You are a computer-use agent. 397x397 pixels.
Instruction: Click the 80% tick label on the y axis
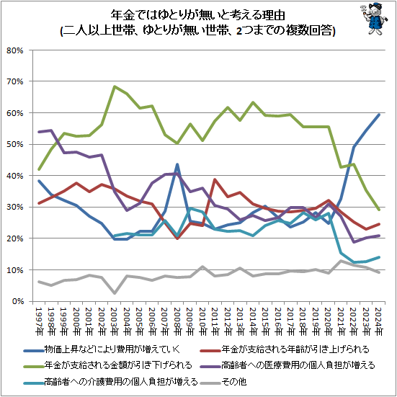16,50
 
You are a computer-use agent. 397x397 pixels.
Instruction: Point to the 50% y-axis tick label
16,145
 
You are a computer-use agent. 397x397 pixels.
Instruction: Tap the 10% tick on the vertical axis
16,270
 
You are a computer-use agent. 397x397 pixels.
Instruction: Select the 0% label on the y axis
18,301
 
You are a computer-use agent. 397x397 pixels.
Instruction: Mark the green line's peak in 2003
115,86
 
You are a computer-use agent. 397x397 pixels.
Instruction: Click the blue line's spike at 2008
177,164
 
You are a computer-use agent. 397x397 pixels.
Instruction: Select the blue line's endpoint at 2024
378,115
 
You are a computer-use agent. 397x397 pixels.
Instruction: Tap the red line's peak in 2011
215,179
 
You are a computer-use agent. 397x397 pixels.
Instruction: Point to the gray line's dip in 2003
115,293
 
